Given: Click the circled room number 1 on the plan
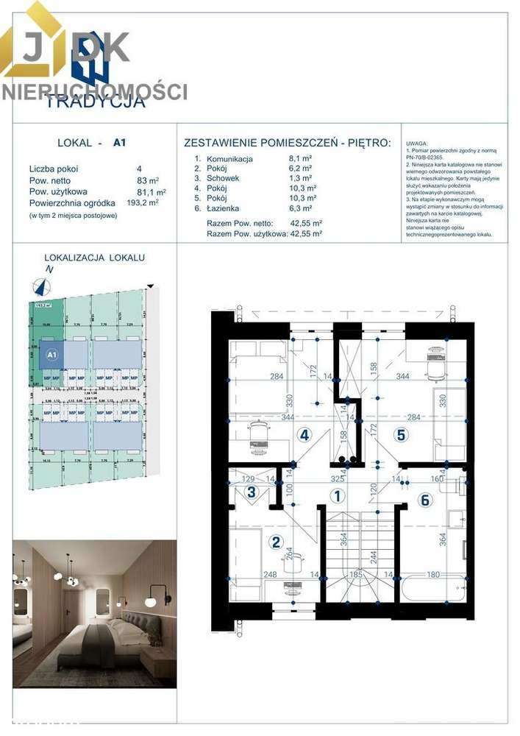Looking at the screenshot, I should click(337, 496).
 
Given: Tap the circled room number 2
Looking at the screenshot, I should click(277, 543).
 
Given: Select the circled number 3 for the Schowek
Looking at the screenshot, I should click(252, 493).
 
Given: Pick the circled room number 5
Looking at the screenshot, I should click(401, 435).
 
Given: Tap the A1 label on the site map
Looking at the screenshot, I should click(51, 355).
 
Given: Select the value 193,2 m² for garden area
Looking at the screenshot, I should click(143, 202).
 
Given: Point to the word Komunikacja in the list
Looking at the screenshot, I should click(229, 158).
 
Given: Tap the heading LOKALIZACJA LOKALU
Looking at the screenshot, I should click(94, 258).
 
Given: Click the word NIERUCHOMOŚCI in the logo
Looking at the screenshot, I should click(94, 91).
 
